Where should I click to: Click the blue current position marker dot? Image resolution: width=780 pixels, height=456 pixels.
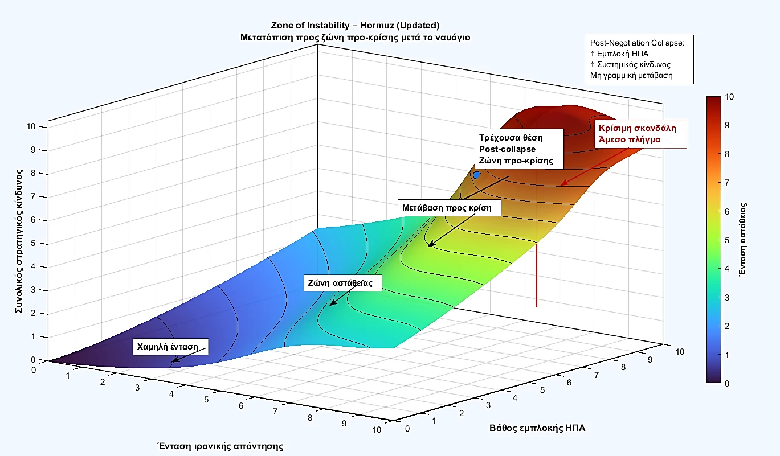click(x=477, y=175)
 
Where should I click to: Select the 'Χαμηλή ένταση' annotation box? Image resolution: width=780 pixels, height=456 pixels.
click(x=170, y=346)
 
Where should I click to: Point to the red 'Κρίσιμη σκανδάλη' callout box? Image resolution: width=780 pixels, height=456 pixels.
click(x=638, y=134)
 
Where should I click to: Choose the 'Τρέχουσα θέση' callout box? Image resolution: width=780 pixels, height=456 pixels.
click(x=518, y=149)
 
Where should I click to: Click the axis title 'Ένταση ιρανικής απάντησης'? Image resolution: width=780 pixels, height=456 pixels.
click(x=219, y=446)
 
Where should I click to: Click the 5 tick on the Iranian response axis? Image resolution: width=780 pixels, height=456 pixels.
click(x=207, y=399)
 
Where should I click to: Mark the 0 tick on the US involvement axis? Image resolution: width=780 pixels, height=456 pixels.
click(x=406, y=428)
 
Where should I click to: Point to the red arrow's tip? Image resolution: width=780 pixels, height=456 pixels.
click(x=561, y=184)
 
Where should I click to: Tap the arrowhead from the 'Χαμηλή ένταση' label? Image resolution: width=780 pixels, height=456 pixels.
click(x=173, y=362)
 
